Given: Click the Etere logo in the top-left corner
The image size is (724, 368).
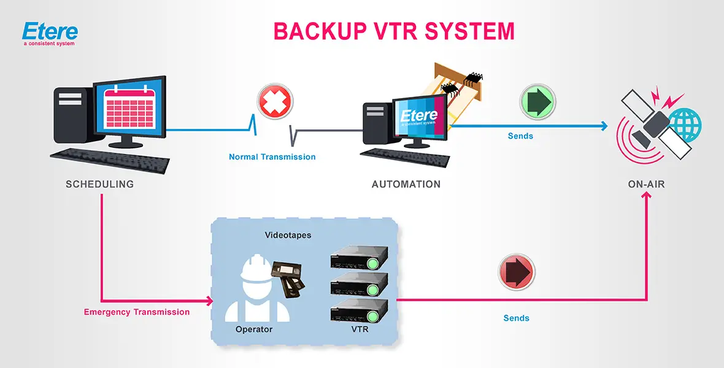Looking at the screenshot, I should pos(49,34).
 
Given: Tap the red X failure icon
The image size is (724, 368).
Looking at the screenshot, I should pos(275,101).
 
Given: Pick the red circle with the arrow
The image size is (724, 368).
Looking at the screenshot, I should pos(517,272).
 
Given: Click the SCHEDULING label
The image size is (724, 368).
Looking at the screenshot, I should pos(99,184).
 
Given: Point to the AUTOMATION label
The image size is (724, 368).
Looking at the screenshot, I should pos(406,184).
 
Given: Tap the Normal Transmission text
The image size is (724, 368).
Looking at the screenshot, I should pos(272,157).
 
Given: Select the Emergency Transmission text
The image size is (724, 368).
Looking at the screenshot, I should pos(137,312).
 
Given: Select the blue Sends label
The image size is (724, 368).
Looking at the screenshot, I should pos(520,136).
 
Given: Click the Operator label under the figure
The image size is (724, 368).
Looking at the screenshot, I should pos(253,329).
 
